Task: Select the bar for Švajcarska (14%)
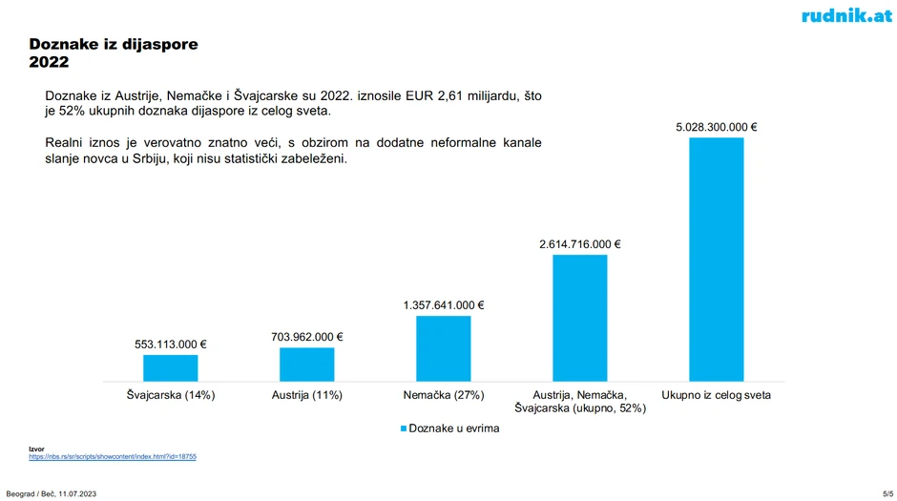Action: point(171,367)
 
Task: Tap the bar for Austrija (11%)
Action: point(306,364)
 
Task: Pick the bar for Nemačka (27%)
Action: point(443,348)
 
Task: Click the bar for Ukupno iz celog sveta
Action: point(716,260)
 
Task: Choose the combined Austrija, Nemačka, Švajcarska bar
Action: point(579,318)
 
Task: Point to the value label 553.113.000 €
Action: point(171,344)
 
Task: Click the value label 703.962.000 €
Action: point(306,337)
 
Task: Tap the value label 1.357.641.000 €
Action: point(443,305)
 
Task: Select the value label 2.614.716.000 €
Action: point(579,244)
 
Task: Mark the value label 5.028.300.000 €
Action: point(716,127)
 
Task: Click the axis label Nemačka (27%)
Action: point(443,394)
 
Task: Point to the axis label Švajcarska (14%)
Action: point(171,394)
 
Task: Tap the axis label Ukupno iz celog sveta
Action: point(716,394)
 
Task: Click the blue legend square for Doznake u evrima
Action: point(403,428)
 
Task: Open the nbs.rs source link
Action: point(112,457)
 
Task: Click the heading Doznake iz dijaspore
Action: point(115,45)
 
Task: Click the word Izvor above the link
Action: point(35,449)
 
